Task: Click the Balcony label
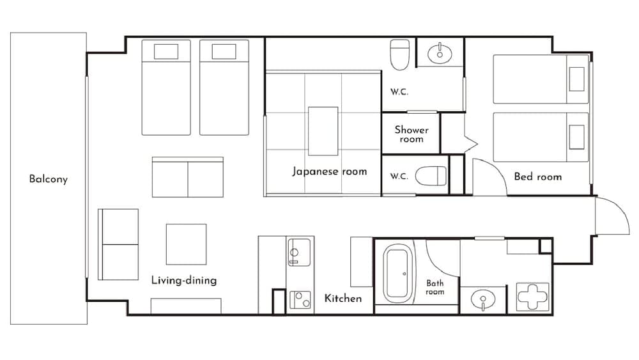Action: (48, 179)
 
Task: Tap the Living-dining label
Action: (184, 280)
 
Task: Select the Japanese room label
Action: (330, 171)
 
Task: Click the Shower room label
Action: (412, 134)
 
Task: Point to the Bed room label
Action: (538, 176)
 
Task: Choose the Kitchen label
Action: (343, 299)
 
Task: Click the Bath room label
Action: (435, 288)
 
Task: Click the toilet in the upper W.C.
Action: (400, 55)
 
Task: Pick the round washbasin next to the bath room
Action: (483, 299)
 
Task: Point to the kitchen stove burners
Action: (300, 299)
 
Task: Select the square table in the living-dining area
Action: (186, 244)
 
